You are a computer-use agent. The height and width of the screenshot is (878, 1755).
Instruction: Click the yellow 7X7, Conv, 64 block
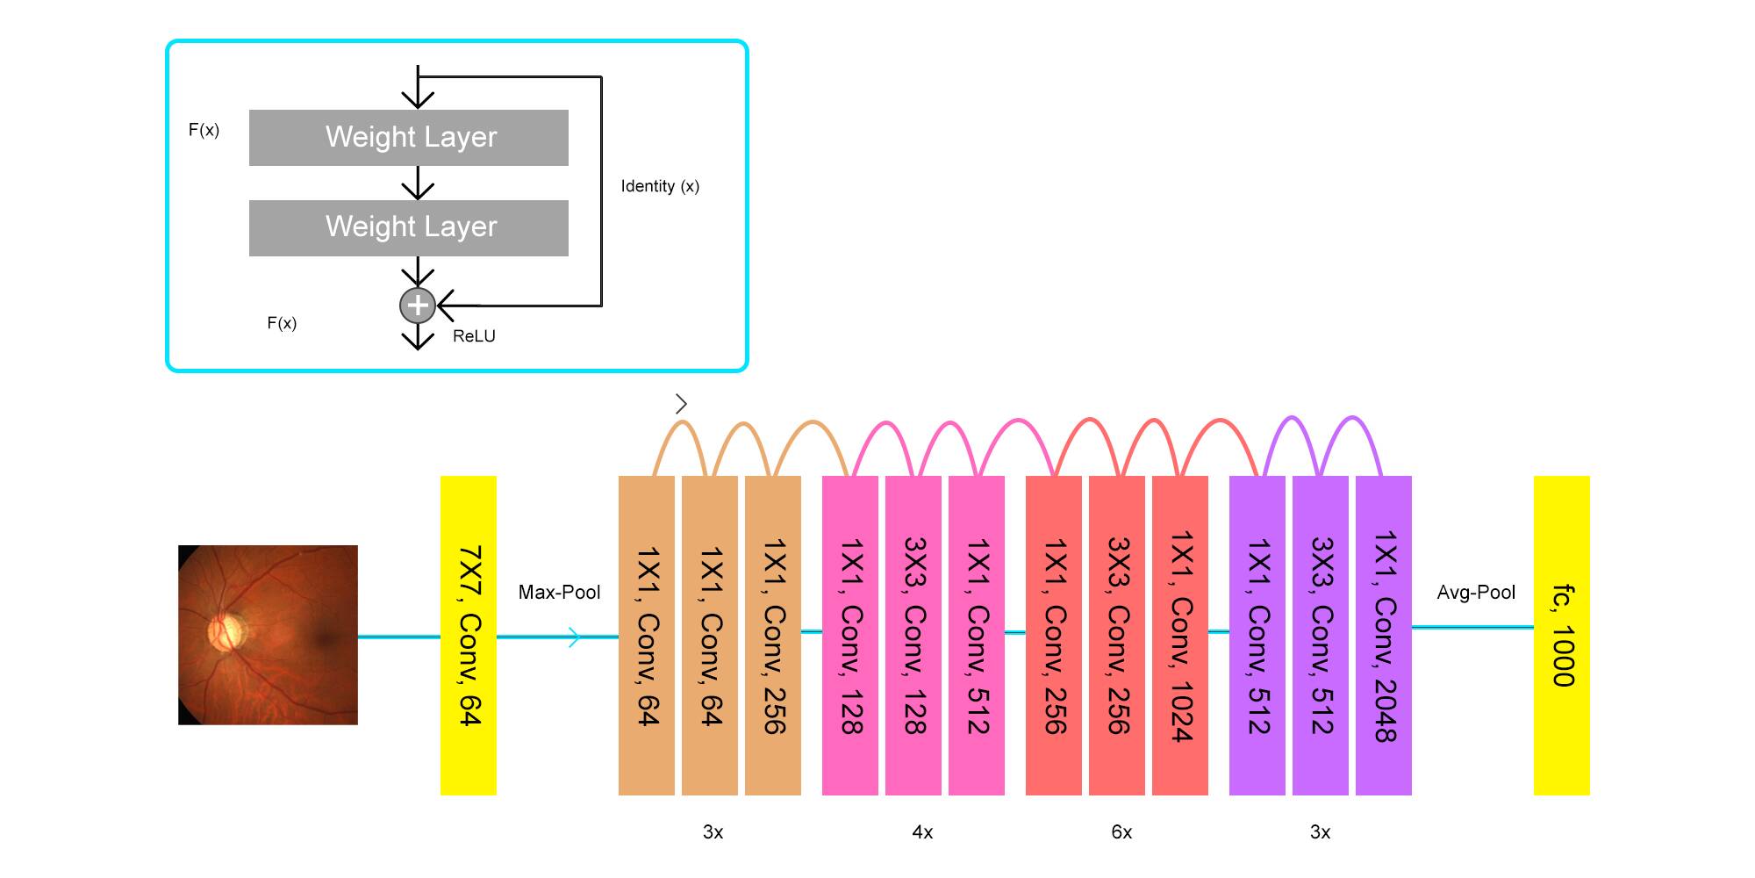tap(468, 636)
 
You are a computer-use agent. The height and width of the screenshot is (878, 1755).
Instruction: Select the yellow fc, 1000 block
tap(1561, 636)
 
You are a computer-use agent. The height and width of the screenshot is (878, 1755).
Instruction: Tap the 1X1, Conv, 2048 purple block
tap(1384, 636)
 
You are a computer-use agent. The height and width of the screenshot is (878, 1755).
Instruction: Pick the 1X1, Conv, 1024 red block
tap(1180, 636)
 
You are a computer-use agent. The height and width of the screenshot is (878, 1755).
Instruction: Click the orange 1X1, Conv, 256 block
tap(773, 636)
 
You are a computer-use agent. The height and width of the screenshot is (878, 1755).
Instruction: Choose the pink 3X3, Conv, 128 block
tap(913, 636)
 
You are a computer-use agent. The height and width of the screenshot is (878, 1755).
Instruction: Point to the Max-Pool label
tap(559, 593)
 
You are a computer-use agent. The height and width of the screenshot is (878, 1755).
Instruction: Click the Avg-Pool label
tap(1476, 593)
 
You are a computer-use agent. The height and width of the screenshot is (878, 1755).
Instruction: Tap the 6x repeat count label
tap(1121, 832)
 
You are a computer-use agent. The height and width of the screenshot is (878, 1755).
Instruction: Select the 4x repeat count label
tap(922, 832)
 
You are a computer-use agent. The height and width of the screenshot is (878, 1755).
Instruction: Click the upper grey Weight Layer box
tap(409, 138)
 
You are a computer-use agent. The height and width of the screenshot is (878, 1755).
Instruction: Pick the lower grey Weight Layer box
tap(409, 228)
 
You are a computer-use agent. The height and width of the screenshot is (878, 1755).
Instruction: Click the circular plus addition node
tap(418, 306)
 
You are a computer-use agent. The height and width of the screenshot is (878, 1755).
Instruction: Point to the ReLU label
tap(474, 336)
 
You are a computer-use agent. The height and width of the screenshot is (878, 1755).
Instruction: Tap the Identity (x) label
tap(660, 186)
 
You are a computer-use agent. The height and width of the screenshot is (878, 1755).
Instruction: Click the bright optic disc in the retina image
tap(226, 630)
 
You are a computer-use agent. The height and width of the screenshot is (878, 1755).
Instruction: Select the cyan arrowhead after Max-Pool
tap(575, 637)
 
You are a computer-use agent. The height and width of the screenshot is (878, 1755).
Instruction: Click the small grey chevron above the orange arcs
tap(682, 404)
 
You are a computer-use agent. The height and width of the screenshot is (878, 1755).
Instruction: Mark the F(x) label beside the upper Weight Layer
tap(204, 130)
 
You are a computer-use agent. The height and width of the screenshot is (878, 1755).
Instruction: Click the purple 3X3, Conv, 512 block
tap(1321, 636)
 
